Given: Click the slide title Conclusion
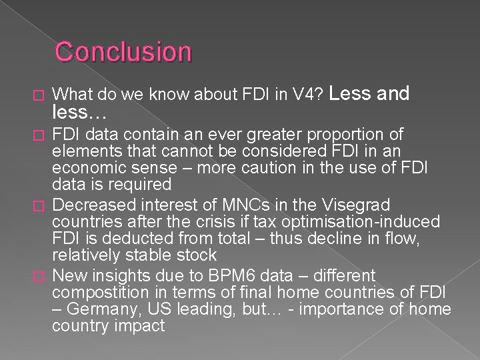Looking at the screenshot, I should click(123, 51).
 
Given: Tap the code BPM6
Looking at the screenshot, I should click(232, 276).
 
